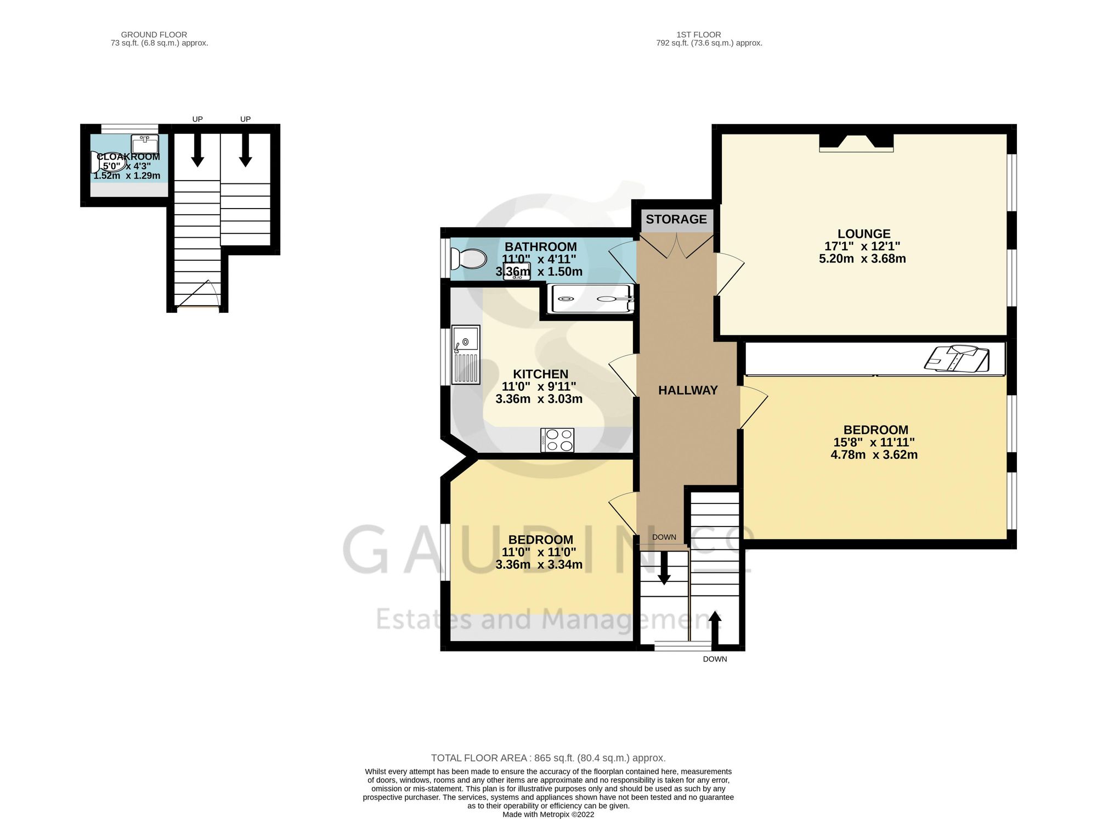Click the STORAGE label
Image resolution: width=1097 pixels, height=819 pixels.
pos(676,220)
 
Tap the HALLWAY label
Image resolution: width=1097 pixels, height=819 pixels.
pos(688,390)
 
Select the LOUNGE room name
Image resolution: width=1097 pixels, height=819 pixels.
pos(864,234)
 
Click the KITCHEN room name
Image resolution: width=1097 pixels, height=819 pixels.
pos(540,374)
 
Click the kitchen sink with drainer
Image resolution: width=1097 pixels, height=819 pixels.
pos(466,355)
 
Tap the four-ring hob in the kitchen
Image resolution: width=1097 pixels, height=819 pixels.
pos(557,440)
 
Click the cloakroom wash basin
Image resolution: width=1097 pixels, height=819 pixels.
pos(145,144)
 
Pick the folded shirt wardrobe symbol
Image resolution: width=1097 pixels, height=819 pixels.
pos(957,358)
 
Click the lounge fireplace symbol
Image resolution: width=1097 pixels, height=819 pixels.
pos(856,143)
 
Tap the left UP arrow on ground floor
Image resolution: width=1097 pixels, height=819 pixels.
pos(197,150)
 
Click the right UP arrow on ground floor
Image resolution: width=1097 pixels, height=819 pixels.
pos(245,150)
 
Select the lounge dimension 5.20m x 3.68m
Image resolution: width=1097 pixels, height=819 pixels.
pos(862,259)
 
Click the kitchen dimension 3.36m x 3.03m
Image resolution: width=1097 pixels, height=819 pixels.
pos(539,399)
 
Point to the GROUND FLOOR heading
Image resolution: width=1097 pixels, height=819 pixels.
pos(154,35)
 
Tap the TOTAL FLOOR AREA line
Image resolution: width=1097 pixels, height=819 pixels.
pos(548,758)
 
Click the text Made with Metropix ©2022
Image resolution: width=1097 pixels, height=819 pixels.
pos(548,815)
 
